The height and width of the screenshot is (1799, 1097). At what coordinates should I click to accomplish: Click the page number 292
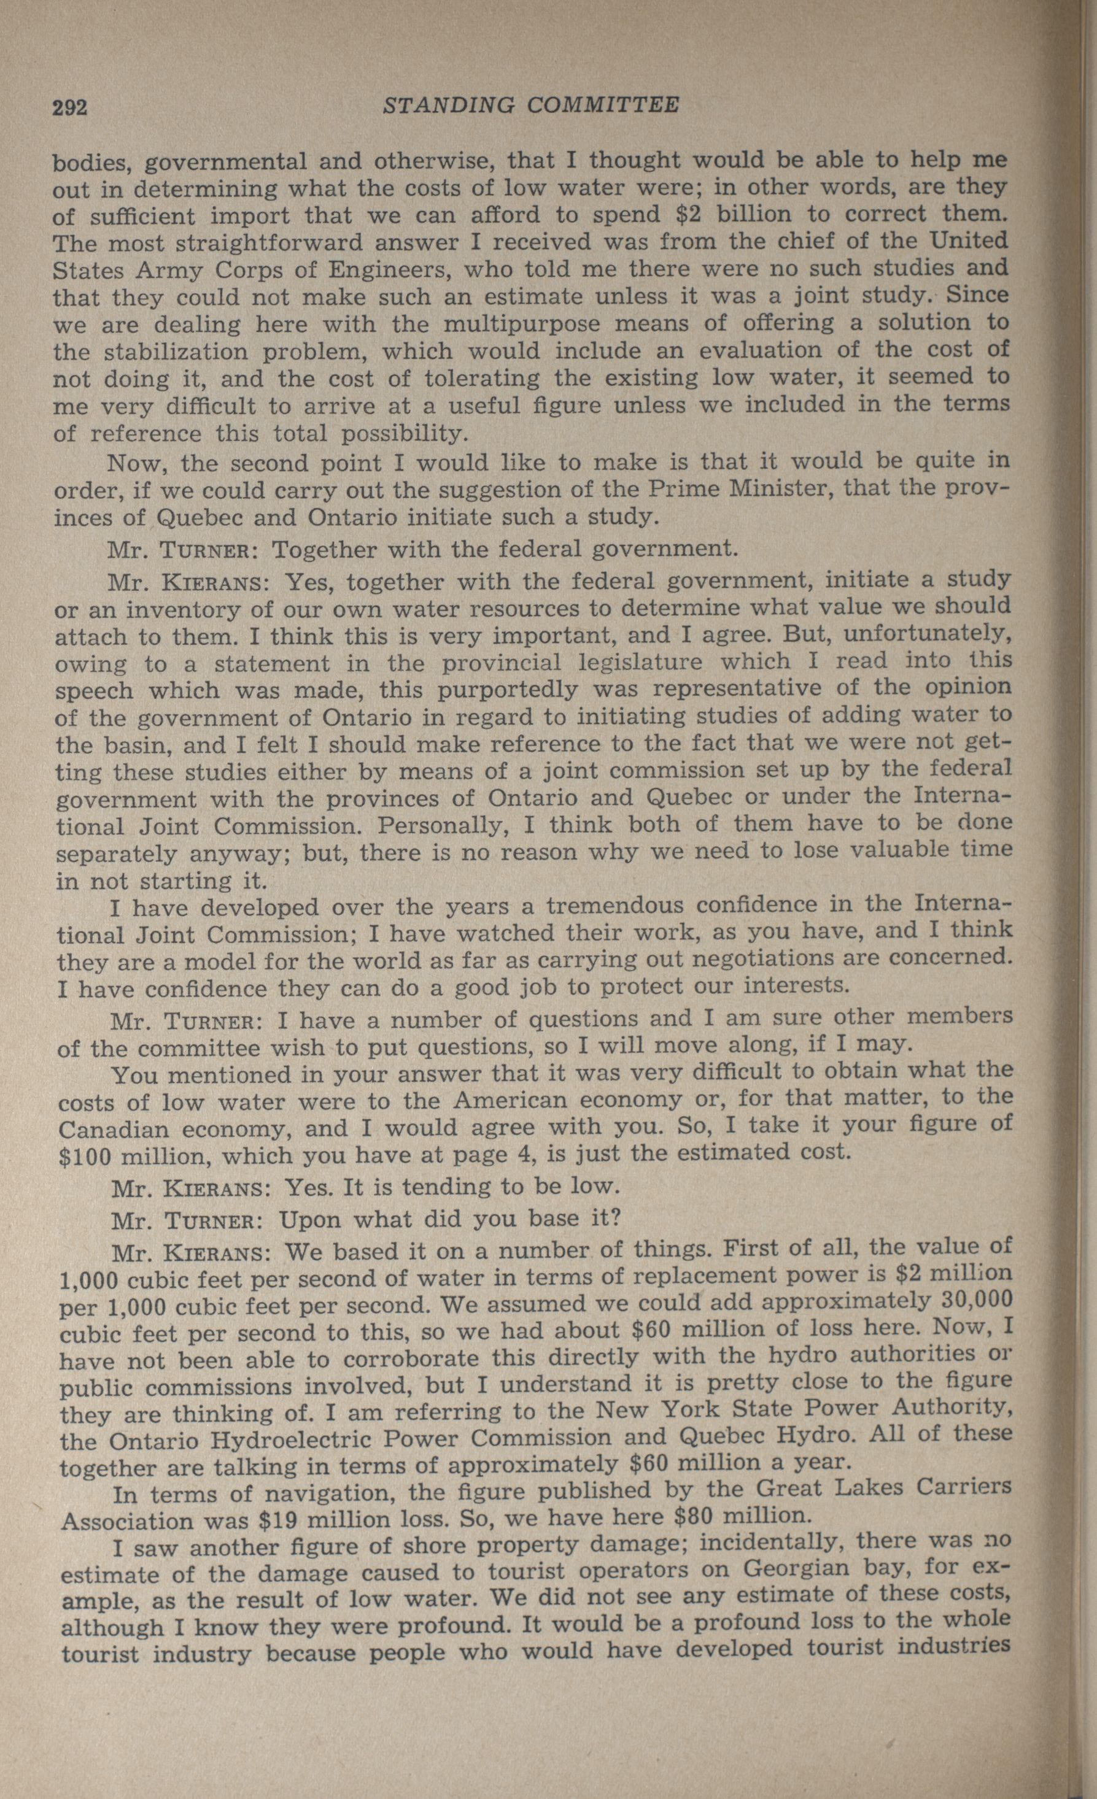click(70, 107)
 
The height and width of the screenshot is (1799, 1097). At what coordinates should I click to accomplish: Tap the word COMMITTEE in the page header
click(603, 106)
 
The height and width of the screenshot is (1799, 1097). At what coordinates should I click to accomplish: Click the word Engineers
click(387, 269)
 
